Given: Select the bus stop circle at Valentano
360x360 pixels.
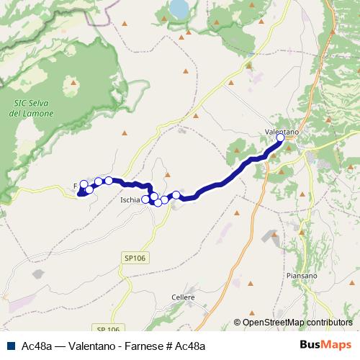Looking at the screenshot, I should tap(281, 139).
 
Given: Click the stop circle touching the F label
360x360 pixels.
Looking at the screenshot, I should tap(84, 185).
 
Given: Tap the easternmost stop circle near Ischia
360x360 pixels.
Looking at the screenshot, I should tap(176, 195).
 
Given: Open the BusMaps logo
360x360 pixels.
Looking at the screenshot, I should tap(325, 346).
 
